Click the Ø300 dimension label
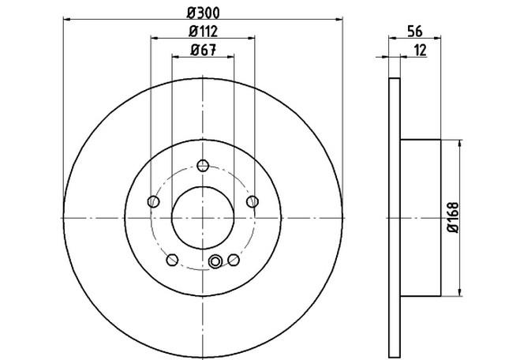(204, 13)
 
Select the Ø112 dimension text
(204, 32)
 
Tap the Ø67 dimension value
(203, 50)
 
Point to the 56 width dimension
(415, 32)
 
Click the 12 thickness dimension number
(420, 51)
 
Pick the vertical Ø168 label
(453, 218)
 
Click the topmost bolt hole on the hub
(203, 166)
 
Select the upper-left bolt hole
(153, 202)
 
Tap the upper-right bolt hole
(252, 202)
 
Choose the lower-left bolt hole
(172, 260)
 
